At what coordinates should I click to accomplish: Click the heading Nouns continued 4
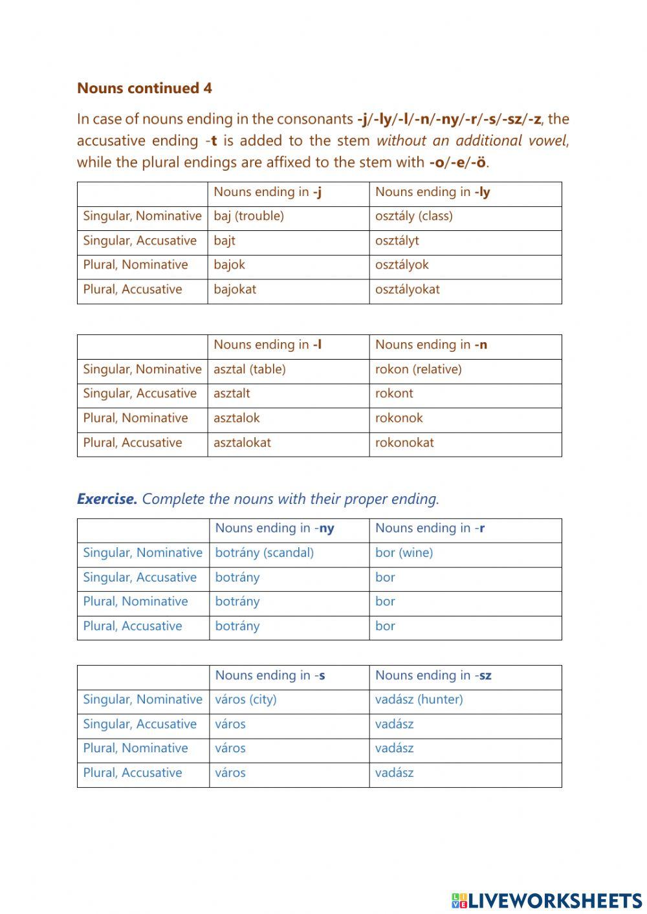[144, 88]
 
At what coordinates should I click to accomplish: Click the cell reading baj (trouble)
[248, 216]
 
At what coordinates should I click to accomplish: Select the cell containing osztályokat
[407, 289]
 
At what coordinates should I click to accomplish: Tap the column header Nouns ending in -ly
[432, 192]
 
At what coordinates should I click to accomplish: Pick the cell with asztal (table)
[249, 369]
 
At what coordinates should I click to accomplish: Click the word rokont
[393, 393]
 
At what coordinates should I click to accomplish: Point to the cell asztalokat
[242, 442]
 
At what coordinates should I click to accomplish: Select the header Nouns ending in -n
[431, 345]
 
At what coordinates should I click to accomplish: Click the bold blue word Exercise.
[107, 499]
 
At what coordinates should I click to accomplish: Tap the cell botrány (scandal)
[264, 553]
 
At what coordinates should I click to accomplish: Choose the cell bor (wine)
[404, 553]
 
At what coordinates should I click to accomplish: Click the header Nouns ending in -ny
[274, 528]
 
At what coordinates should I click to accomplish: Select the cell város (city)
[245, 699]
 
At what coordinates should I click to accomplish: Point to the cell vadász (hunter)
[419, 699]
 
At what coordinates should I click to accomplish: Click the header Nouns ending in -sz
[433, 675]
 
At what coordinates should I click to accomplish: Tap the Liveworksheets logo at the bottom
[546, 900]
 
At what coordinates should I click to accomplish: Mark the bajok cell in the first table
[229, 265]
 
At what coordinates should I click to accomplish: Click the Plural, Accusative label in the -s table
[133, 772]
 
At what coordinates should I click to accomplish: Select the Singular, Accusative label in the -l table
[140, 393]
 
